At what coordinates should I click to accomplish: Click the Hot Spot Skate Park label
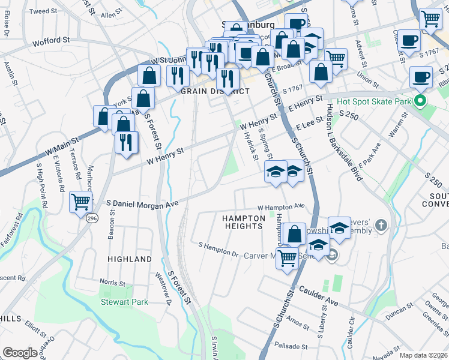pyautogui.click(x=374, y=101)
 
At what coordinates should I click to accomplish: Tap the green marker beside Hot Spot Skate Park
pyautogui.click(x=420, y=101)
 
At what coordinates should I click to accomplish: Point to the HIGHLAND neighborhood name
pyautogui.click(x=130, y=259)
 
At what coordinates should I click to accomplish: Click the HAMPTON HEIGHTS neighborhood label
pyautogui.click(x=243, y=222)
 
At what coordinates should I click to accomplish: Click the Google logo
pyautogui.click(x=20, y=352)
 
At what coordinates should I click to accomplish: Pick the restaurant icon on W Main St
pyautogui.click(x=127, y=142)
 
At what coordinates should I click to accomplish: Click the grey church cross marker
pyautogui.click(x=380, y=226)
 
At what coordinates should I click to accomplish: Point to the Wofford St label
pyautogui.click(x=47, y=40)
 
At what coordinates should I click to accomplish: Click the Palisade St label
pyautogui.click(x=291, y=346)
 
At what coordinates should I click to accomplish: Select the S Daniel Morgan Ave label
pyautogui.click(x=142, y=205)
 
